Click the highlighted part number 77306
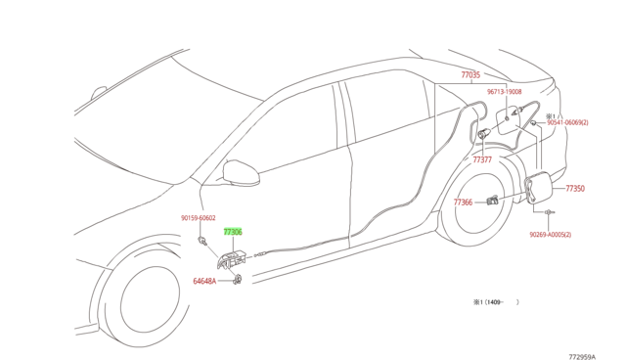click(232, 233)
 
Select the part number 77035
click(470, 75)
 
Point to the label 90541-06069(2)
click(566, 123)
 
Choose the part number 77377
click(482, 159)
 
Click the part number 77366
click(463, 202)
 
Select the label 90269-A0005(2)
click(551, 235)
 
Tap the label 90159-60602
click(198, 219)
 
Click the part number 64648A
click(204, 281)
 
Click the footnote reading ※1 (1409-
click(493, 302)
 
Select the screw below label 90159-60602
click(201, 240)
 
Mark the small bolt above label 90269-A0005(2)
click(550, 211)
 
